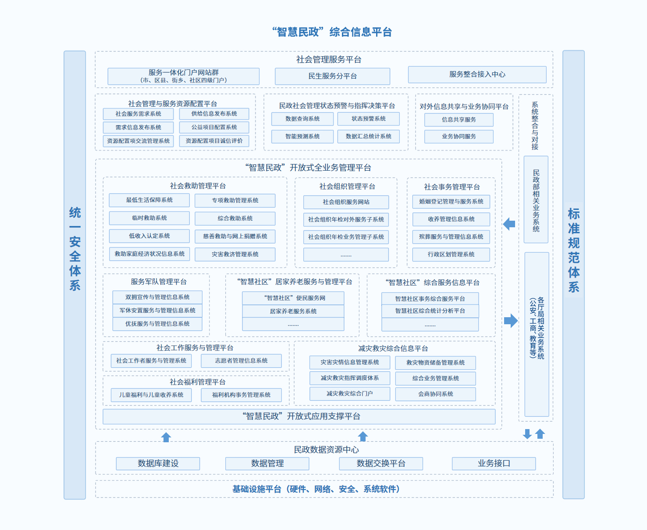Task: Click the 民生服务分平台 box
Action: coord(332,76)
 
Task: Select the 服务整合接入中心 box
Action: coord(477,75)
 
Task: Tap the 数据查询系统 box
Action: coord(302,119)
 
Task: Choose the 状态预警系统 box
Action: coord(369,119)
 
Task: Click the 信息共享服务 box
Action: coord(459,120)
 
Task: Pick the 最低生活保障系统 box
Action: coord(149,200)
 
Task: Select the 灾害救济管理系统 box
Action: coord(235,254)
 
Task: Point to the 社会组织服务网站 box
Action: coord(346,202)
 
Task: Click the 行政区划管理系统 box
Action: coord(451,254)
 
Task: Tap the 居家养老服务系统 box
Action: coord(293,311)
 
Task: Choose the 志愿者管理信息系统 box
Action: coord(241,361)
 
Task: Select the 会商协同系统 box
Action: coord(435,394)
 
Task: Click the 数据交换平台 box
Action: coord(380,463)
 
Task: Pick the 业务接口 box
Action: coord(494,463)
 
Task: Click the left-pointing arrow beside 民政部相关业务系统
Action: coord(509,224)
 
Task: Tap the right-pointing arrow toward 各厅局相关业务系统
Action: coord(511,321)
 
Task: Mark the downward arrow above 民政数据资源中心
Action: coord(527,434)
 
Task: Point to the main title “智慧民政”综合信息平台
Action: coord(332,32)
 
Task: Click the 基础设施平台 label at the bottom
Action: coord(316,489)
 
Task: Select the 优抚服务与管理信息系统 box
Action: coord(157,324)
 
